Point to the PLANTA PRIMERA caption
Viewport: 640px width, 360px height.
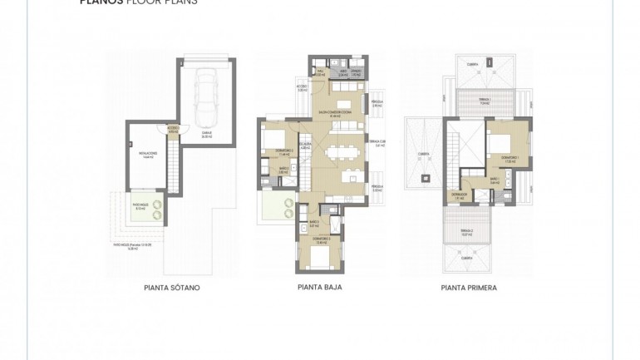(x=469, y=288)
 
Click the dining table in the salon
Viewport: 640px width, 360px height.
(x=342, y=152)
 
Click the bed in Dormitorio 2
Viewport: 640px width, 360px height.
(x=274, y=138)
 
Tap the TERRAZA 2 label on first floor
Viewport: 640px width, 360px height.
(x=468, y=232)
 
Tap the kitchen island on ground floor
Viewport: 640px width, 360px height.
(x=353, y=177)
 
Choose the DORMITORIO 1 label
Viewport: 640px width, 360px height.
(x=509, y=158)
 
